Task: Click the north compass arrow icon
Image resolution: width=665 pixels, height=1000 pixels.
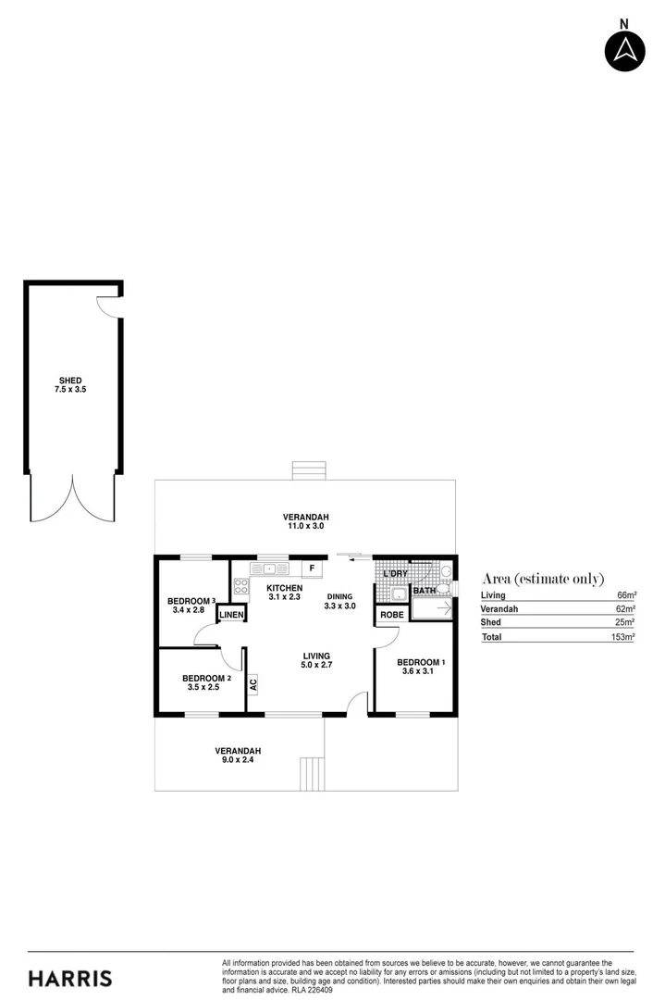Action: [624, 50]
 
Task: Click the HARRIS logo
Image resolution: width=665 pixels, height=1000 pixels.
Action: [70, 978]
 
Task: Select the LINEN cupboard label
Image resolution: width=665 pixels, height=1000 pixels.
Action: [231, 615]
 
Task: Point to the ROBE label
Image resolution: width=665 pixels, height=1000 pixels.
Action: [391, 615]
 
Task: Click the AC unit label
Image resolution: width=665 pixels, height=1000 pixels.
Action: [252, 686]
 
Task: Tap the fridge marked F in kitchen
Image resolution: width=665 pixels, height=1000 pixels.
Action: [312, 568]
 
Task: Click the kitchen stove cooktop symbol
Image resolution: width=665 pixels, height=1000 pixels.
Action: [241, 585]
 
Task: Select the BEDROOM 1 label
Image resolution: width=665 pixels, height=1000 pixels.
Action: [421, 662]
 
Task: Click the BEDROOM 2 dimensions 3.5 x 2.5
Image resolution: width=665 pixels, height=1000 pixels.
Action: [206, 687]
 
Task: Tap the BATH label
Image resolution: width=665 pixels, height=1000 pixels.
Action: [425, 590]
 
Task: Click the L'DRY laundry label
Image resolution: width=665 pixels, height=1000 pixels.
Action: [395, 574]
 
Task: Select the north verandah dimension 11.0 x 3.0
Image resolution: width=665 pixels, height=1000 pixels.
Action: [306, 526]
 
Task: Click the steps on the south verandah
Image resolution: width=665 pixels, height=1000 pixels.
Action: [313, 772]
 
